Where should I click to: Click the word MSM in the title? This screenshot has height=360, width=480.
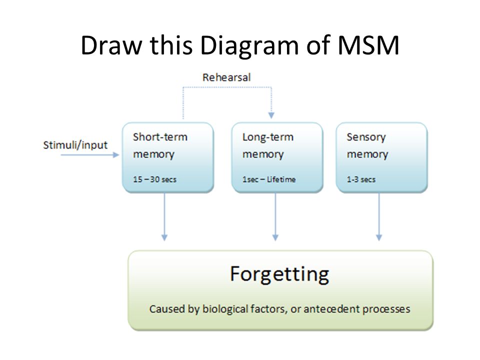click(368, 45)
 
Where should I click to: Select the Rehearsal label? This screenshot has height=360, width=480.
click(226, 77)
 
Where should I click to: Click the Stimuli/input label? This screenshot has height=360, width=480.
click(75, 145)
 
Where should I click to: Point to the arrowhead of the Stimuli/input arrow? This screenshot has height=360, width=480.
click(116, 155)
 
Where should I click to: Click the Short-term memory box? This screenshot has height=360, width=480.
click(168, 157)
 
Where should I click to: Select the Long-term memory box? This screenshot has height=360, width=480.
click(277, 157)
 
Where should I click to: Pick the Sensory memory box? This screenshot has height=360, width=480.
click(381, 157)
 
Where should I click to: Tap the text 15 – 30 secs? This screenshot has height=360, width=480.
click(154, 179)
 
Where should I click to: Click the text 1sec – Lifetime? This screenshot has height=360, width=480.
click(269, 179)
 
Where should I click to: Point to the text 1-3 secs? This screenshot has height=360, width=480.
click(361, 179)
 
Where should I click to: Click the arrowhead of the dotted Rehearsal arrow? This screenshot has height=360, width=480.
click(271, 115)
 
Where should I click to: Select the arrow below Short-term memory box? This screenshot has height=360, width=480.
click(164, 216)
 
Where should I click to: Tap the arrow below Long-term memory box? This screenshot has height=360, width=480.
click(275, 216)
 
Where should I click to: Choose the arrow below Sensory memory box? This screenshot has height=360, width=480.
click(379, 216)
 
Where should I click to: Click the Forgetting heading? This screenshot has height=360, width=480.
click(279, 274)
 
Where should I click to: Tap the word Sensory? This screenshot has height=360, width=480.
click(366, 137)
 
